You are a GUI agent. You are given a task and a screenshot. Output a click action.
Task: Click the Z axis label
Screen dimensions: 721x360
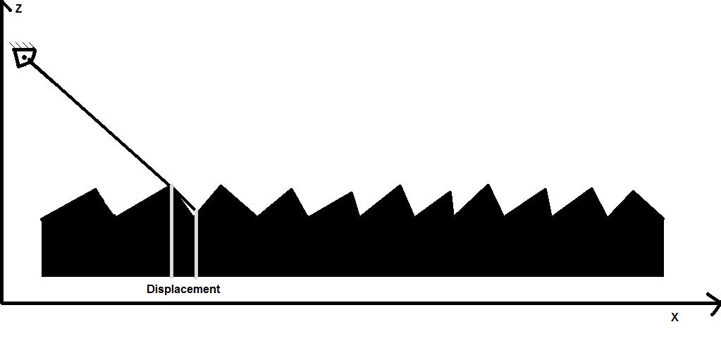pyautogui.click(x=18, y=9)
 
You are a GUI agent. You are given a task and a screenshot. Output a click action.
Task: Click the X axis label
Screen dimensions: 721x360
pyautogui.click(x=674, y=318)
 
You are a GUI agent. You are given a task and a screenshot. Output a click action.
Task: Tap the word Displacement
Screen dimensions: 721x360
pyautogui.click(x=183, y=289)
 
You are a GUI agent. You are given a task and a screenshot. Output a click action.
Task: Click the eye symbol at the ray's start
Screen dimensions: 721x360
pyautogui.click(x=24, y=56)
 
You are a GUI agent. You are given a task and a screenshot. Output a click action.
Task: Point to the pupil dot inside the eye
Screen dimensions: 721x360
pyautogui.click(x=25, y=57)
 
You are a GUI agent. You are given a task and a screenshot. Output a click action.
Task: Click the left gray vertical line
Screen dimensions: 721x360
pyautogui.click(x=171, y=232)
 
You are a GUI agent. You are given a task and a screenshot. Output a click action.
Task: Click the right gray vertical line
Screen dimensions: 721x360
pyautogui.click(x=196, y=243)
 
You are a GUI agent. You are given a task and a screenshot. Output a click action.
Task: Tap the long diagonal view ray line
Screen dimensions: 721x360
pyautogui.click(x=99, y=120)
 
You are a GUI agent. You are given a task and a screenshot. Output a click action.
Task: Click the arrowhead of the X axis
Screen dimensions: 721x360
pyautogui.click(x=715, y=304)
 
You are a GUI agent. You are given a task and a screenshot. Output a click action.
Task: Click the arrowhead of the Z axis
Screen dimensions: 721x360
pyautogui.click(x=6, y=6)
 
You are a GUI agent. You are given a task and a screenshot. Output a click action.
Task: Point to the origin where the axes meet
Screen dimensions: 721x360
pyautogui.click(x=4, y=303)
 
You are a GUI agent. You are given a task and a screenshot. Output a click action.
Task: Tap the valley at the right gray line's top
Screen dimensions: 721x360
pyautogui.click(x=196, y=211)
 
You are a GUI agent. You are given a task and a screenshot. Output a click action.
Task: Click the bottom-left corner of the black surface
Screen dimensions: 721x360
pyautogui.click(x=42, y=275)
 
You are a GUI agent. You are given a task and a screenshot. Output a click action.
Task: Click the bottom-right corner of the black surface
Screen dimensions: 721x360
pyautogui.click(x=663, y=275)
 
